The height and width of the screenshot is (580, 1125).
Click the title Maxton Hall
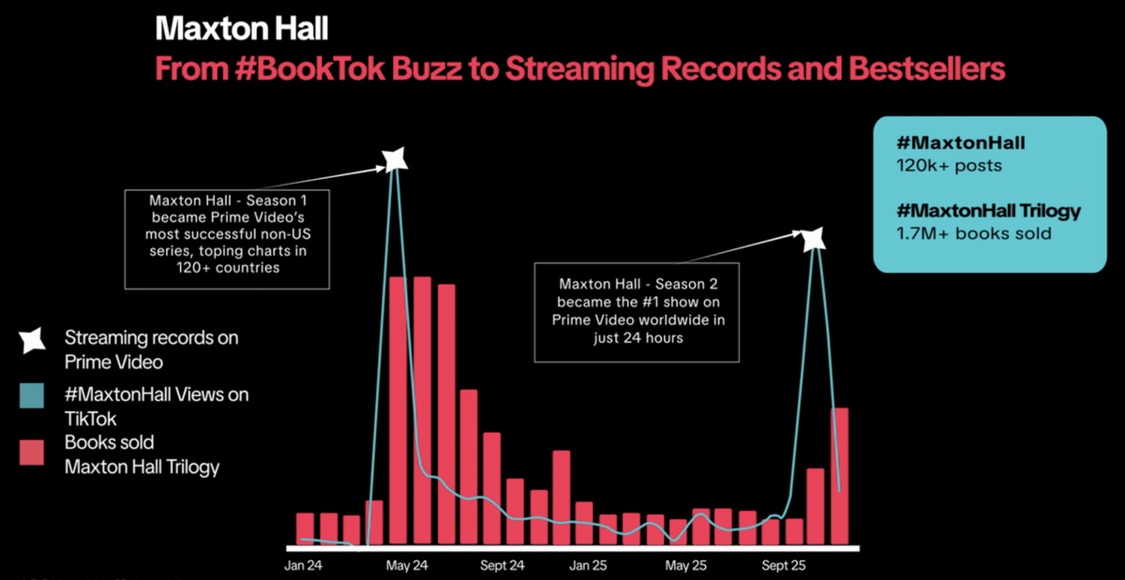tap(242, 28)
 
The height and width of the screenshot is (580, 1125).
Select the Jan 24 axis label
tap(303, 566)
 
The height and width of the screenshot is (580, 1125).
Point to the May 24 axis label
tap(406, 566)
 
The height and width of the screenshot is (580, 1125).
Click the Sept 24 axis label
tap(502, 566)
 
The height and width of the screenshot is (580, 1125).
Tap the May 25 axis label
tap(686, 566)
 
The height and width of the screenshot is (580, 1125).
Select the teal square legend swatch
tap(32, 395)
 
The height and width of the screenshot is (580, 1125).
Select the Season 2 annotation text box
tap(637, 310)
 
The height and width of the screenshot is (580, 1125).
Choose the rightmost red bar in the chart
tap(840, 475)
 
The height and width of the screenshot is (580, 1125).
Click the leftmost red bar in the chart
tap(305, 528)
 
